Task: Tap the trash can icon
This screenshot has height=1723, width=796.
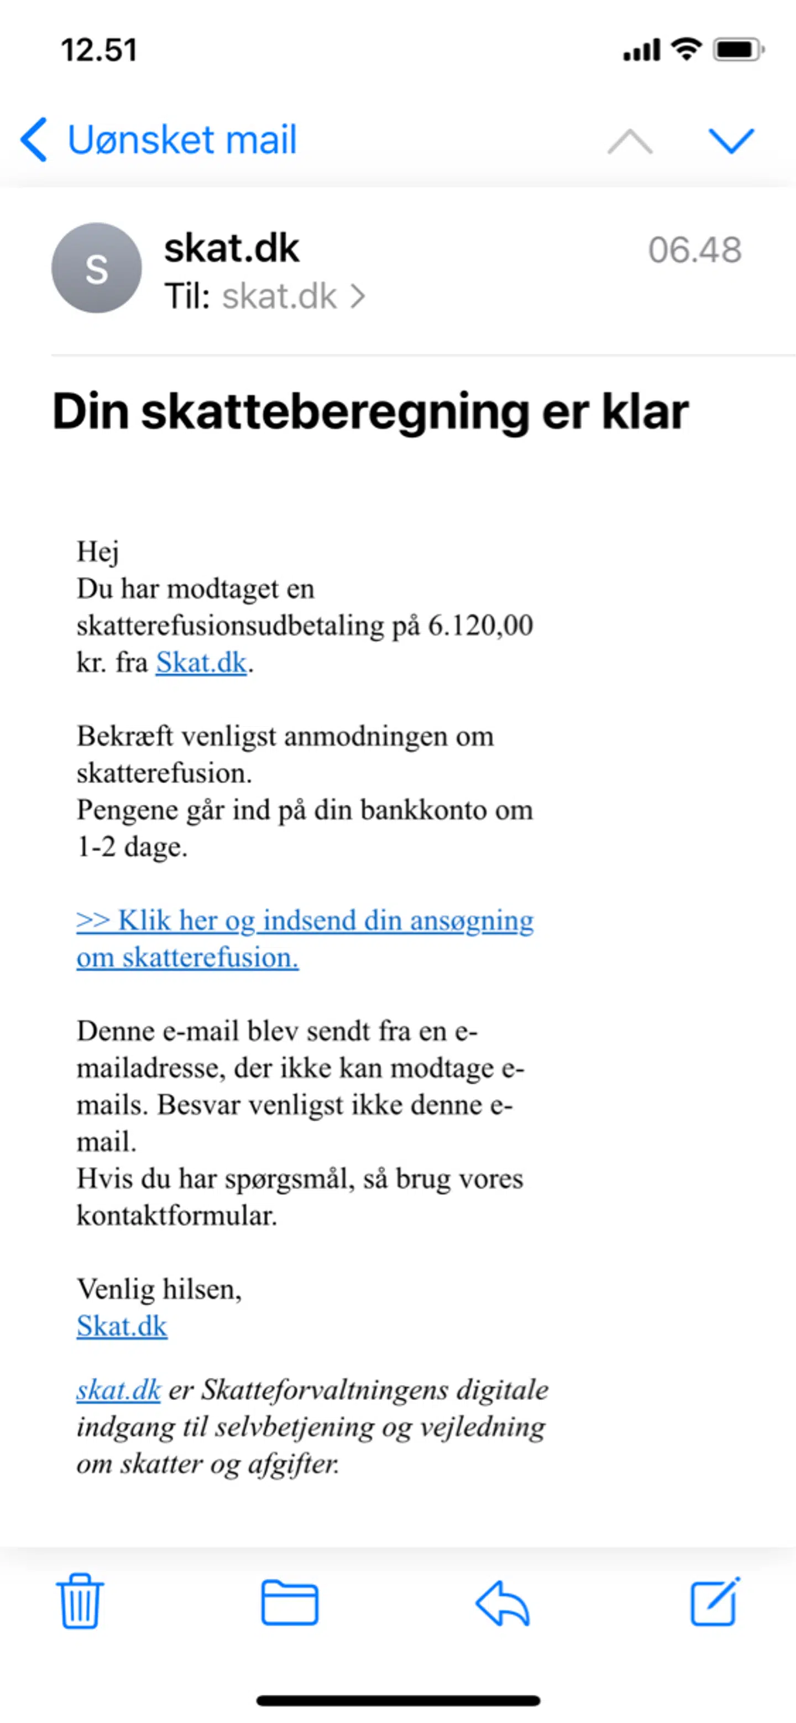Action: pyautogui.click(x=80, y=1602)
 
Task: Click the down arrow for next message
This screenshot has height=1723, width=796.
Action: pyautogui.click(x=731, y=141)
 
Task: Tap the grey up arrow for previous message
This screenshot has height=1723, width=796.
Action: pyautogui.click(x=630, y=141)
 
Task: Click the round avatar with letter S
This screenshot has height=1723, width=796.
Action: pyautogui.click(x=97, y=268)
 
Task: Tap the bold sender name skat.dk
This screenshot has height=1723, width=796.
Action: pyautogui.click(x=231, y=248)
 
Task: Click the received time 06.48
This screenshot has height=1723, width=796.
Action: pyautogui.click(x=694, y=250)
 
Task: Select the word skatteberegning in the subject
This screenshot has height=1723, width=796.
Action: pyautogui.click(x=336, y=412)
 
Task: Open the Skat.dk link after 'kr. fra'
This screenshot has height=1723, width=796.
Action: pyautogui.click(x=201, y=663)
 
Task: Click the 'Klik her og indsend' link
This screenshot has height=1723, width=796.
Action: pyautogui.click(x=305, y=921)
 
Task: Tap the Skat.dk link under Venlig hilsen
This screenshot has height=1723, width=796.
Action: pyautogui.click(x=122, y=1326)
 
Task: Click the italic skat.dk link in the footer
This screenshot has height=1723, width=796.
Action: pyautogui.click(x=118, y=1390)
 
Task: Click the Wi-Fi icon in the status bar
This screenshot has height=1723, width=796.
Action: pyautogui.click(x=686, y=49)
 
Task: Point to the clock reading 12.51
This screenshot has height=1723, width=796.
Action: pyautogui.click(x=99, y=50)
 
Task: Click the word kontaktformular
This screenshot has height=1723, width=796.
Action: pyautogui.click(x=176, y=1215)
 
